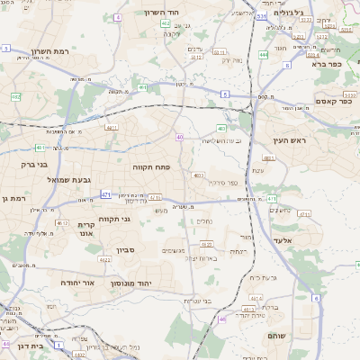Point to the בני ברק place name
tap(33, 165)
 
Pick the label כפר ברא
tap(328, 64)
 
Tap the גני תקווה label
tap(114, 219)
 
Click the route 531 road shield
tap(260, 16)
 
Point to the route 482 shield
tap(16, 96)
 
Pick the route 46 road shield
tap(221, 319)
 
